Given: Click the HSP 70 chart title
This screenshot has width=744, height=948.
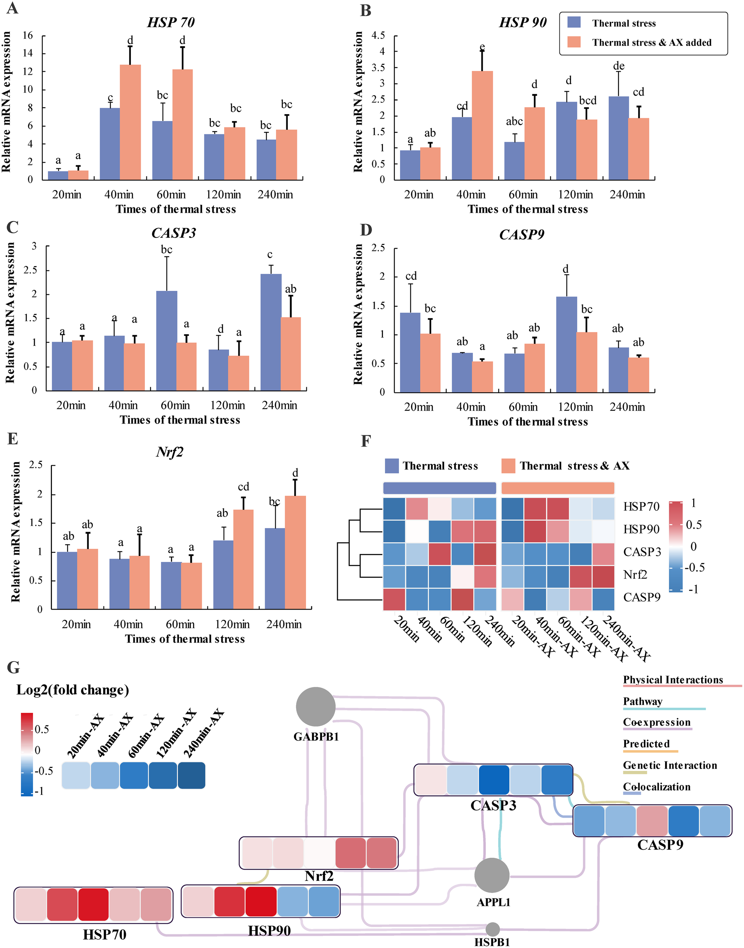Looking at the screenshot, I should tap(171, 22).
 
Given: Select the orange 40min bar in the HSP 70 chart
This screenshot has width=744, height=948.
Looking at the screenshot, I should tap(130, 122).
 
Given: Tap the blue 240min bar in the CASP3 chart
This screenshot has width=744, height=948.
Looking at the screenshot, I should tap(270, 332).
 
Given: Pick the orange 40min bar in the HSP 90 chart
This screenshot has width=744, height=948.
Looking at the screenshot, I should tap(482, 125).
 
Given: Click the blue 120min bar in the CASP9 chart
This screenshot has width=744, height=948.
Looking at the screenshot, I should tap(566, 344).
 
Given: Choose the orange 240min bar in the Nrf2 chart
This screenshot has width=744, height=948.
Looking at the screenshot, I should tap(295, 552).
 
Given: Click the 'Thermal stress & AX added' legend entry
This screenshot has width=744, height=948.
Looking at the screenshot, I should tap(651, 42).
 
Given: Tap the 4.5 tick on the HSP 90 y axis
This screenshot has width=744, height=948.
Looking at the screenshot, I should tap(378, 35).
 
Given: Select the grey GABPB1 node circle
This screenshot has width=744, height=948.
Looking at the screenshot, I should tap(315, 707).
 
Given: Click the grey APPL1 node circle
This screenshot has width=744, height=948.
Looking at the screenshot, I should tap(492, 875).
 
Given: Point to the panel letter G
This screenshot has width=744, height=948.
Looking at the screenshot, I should tap(13, 667).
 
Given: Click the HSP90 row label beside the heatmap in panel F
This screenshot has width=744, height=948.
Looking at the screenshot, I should tap(641, 529).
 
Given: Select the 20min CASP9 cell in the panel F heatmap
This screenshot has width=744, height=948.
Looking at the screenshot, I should tap(394, 600).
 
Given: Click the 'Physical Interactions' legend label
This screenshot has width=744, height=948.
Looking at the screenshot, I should tap(673, 680).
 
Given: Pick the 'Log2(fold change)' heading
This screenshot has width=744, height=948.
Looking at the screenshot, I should tap(73, 690).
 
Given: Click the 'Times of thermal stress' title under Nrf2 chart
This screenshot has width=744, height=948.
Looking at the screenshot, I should tap(185, 639).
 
